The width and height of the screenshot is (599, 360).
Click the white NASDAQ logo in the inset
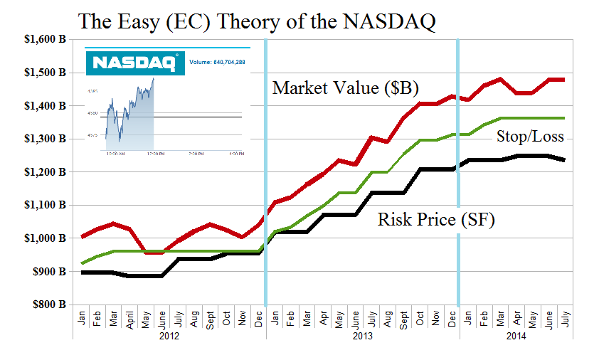pyautogui.click(x=134, y=63)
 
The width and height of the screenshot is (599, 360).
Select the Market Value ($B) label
pyautogui.click(x=346, y=88)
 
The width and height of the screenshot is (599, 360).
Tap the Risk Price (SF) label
pyautogui.click(x=435, y=221)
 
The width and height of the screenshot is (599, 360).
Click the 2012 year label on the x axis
pyautogui.click(x=169, y=334)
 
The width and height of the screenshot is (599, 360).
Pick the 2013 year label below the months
pyautogui.click(x=363, y=334)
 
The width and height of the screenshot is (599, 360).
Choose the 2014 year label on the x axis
pyautogui.click(x=516, y=334)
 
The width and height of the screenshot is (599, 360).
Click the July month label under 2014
pyautogui.click(x=564, y=316)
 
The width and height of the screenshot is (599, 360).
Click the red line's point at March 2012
pyautogui.click(x=112, y=223)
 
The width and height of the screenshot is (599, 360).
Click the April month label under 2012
pyautogui.click(x=129, y=316)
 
